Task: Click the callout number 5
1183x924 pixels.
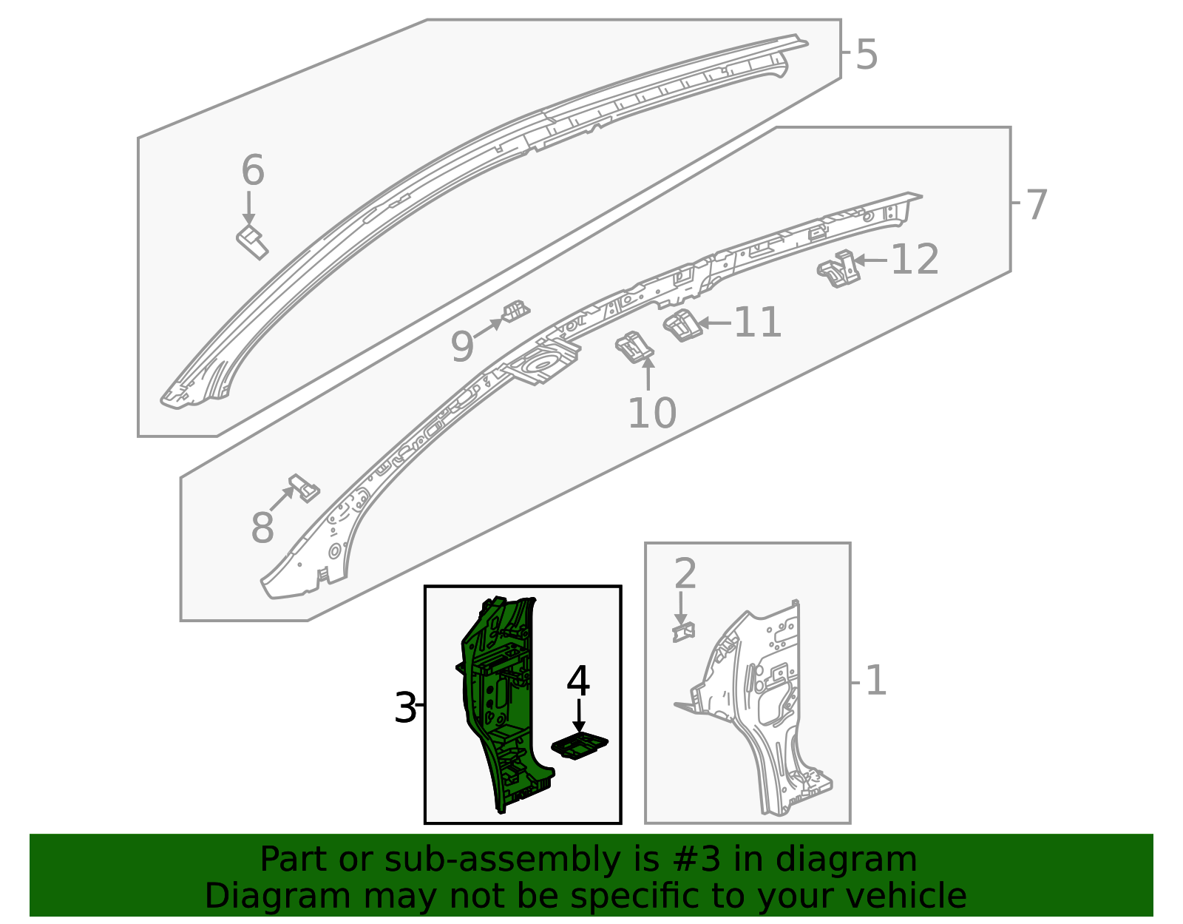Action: [x=867, y=55]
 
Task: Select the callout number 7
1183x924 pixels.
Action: [x=1037, y=205]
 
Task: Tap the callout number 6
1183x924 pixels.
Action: [x=253, y=169]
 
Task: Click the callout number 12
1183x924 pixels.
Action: [x=915, y=260]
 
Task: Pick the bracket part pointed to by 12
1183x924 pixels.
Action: [x=839, y=269]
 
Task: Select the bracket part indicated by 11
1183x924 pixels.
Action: [x=682, y=325]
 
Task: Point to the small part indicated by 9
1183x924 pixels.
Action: [x=515, y=311]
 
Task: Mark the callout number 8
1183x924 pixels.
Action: [x=262, y=527]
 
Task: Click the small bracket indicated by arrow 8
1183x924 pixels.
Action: [x=305, y=488]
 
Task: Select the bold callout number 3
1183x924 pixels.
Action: [x=405, y=708]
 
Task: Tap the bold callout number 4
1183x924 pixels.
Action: [x=578, y=681]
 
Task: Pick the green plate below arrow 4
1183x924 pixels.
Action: [x=579, y=746]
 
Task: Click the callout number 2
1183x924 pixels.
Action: [x=685, y=573]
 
